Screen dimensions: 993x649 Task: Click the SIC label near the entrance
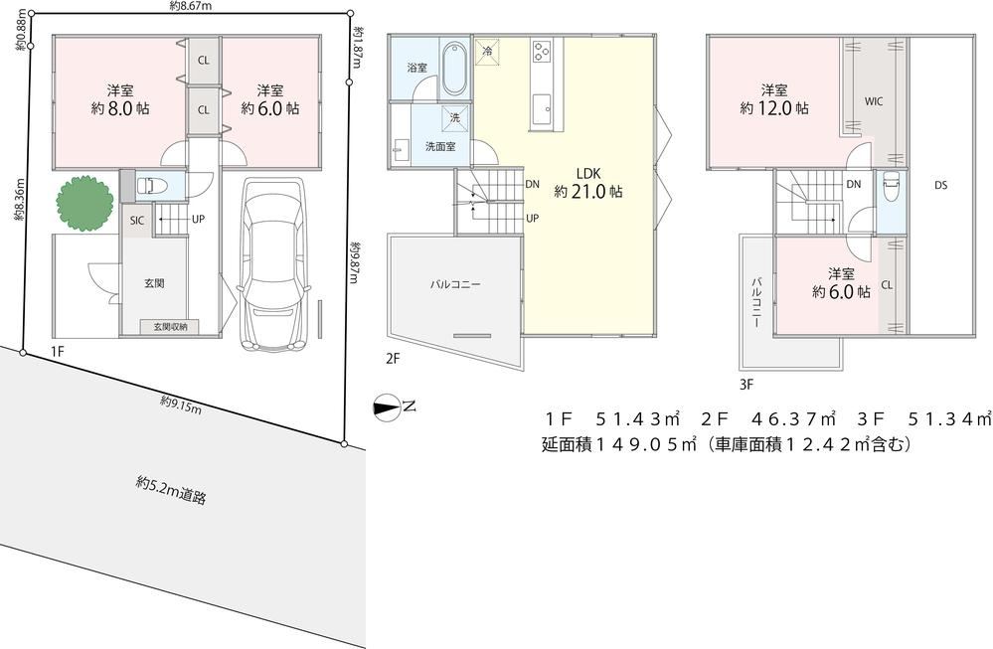pyautogui.click(x=137, y=221)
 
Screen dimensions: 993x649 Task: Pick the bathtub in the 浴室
pyautogui.click(x=453, y=68)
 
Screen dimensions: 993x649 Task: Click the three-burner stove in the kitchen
pyautogui.click(x=543, y=52)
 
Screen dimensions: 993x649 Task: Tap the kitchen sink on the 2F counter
pyautogui.click(x=543, y=109)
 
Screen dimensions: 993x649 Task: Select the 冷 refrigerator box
pyautogui.click(x=487, y=52)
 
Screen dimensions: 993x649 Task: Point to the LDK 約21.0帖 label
pyautogui.click(x=588, y=183)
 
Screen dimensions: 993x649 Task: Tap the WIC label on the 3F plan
pyautogui.click(x=874, y=101)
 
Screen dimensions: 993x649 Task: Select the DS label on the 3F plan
pyautogui.click(x=940, y=186)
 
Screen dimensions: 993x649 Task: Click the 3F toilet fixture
pyautogui.click(x=891, y=187)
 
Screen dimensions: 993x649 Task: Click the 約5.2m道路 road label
pyautogui.click(x=171, y=490)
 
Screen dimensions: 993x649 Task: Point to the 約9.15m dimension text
pyautogui.click(x=181, y=406)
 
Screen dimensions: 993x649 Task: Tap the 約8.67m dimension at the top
pyautogui.click(x=191, y=6)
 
